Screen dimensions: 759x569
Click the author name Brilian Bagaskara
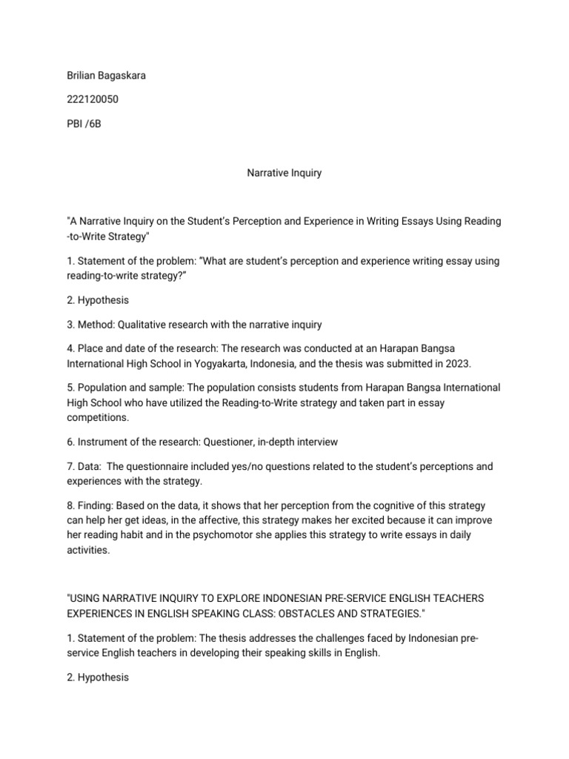[x=106, y=76]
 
